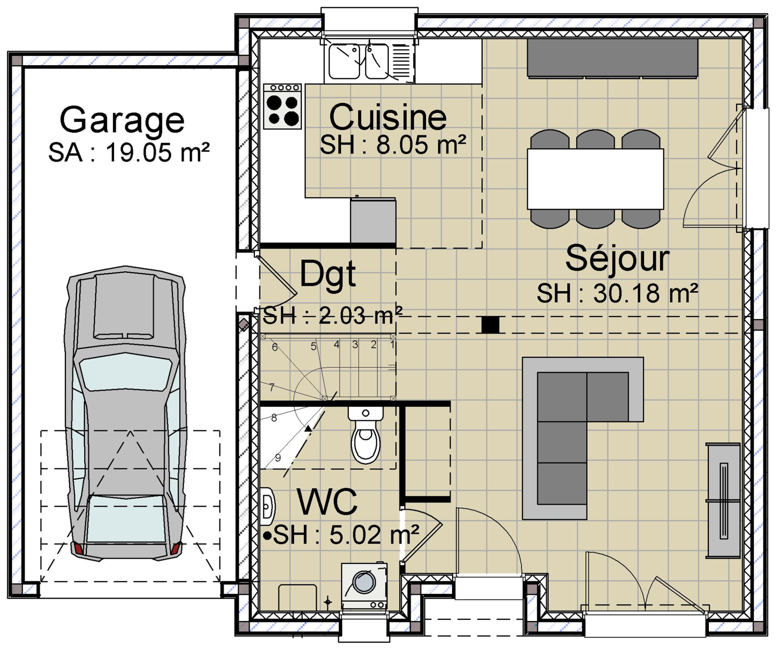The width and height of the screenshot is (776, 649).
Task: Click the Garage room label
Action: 122,120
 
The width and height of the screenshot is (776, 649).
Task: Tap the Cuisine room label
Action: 388,117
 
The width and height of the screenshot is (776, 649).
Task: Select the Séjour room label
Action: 617,259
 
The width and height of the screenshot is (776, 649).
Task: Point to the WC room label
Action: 327,502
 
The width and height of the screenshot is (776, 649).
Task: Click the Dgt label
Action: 327,274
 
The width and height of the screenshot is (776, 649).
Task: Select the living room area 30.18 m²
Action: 645,293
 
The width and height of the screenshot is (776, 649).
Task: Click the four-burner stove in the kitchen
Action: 283,106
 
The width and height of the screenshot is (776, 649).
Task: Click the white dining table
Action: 595,179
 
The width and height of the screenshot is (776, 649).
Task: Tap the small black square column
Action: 490,324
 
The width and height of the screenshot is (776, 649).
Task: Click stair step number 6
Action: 275,347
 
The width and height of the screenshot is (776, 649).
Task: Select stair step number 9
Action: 278,457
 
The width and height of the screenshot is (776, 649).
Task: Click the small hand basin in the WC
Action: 268,506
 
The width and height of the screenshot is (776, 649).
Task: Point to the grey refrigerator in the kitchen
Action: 373,220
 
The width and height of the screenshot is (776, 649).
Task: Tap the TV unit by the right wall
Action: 723,501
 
